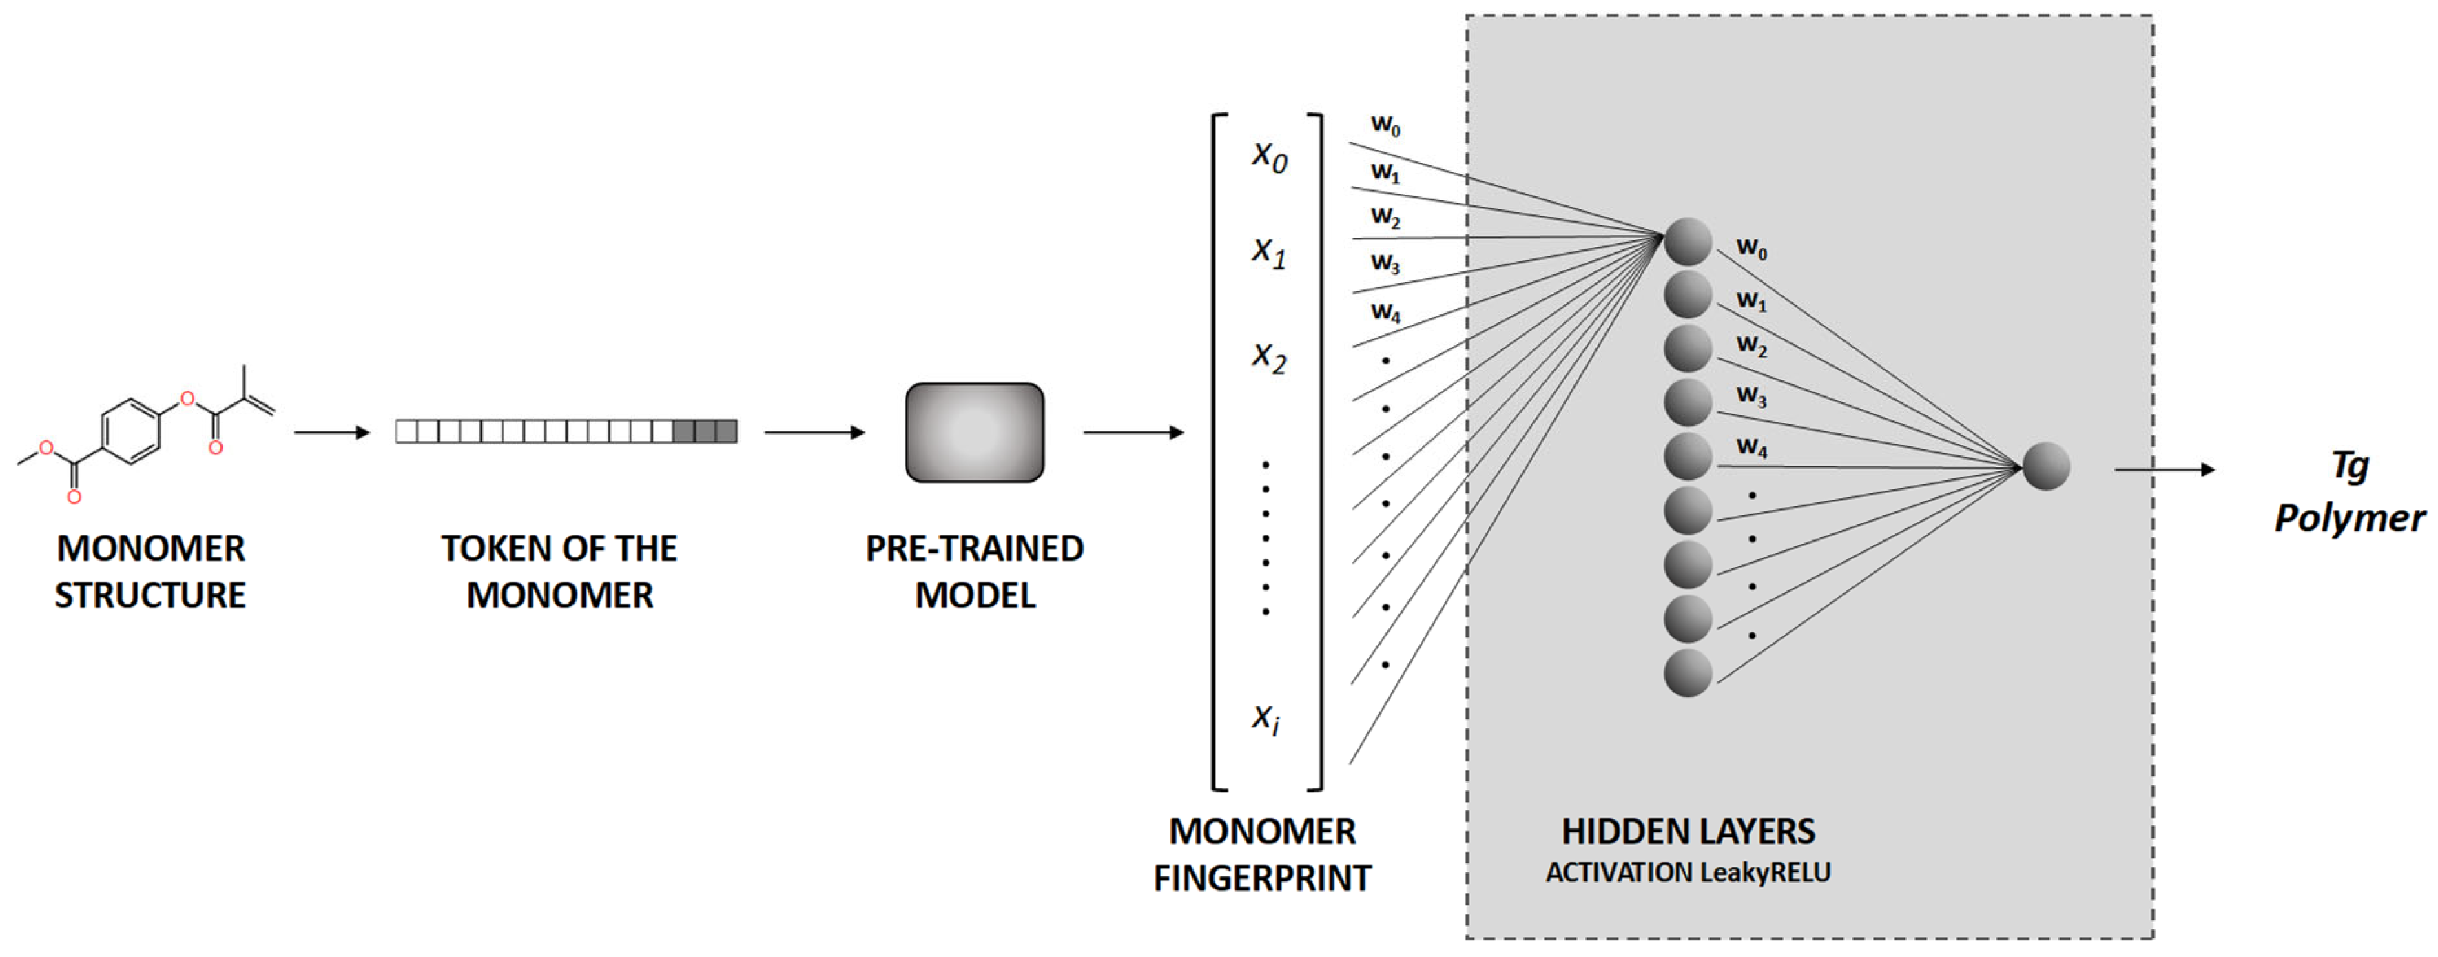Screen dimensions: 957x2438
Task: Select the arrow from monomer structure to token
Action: coord(331,433)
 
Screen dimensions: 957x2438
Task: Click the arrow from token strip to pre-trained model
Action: coord(814,433)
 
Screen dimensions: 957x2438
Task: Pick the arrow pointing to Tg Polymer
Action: coord(2164,469)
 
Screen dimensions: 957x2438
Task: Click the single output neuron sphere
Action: coord(2045,466)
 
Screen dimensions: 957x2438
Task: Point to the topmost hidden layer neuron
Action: coord(1688,241)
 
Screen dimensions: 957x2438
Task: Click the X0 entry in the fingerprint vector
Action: coord(1268,157)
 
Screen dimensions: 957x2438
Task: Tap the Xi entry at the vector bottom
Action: coord(1266,719)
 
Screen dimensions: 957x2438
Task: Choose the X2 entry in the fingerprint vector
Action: coord(1268,358)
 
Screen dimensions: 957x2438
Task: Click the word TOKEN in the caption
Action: coord(491,549)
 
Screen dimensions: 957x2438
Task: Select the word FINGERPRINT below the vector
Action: coord(1261,878)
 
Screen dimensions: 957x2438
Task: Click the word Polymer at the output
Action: coord(2349,518)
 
